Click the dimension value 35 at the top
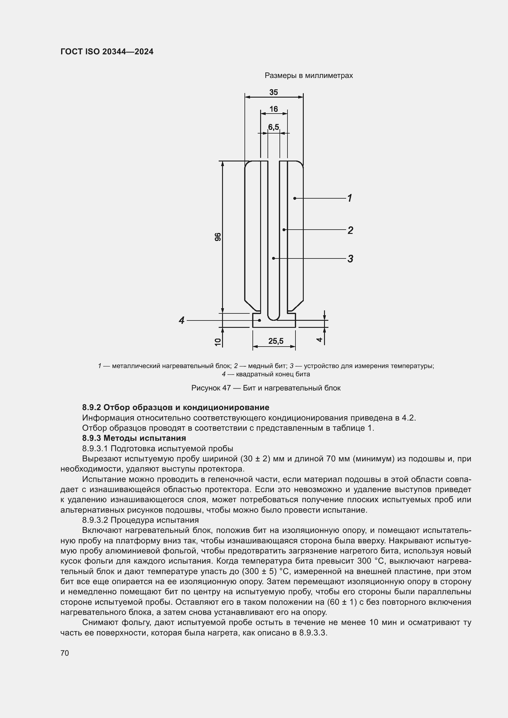point(273,92)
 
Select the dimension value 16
point(273,109)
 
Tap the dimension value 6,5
point(273,127)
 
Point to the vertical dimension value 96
point(218,237)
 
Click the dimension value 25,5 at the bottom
point(275,341)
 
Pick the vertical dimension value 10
point(218,342)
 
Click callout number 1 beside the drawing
point(350,198)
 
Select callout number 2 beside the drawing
point(350,230)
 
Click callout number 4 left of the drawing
point(182,320)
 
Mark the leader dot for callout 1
point(295,198)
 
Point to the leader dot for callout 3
point(273,258)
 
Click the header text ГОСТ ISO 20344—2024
point(107,52)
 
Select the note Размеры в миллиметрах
point(308,76)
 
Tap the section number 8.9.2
point(91,407)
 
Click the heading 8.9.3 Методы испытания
point(134,438)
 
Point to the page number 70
point(65,653)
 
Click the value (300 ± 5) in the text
point(259,571)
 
